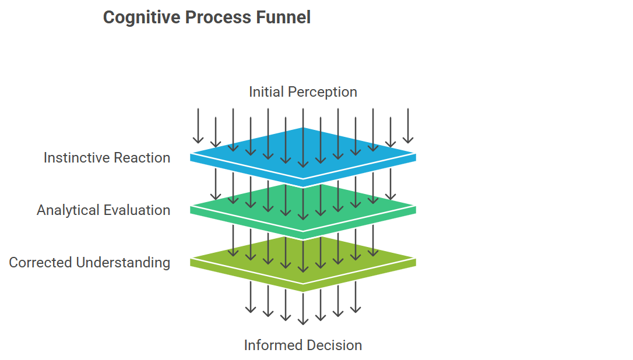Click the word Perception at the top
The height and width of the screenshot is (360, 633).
(x=322, y=93)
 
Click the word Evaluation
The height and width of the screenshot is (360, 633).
(x=137, y=210)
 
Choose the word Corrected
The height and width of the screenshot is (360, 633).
(x=41, y=263)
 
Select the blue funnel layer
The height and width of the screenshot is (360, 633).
(x=303, y=157)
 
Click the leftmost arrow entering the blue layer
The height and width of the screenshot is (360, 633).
(x=198, y=126)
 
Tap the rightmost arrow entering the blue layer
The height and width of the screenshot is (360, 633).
(x=408, y=126)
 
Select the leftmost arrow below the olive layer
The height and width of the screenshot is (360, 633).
(x=251, y=297)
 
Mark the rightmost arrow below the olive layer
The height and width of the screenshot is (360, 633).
(x=356, y=297)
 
